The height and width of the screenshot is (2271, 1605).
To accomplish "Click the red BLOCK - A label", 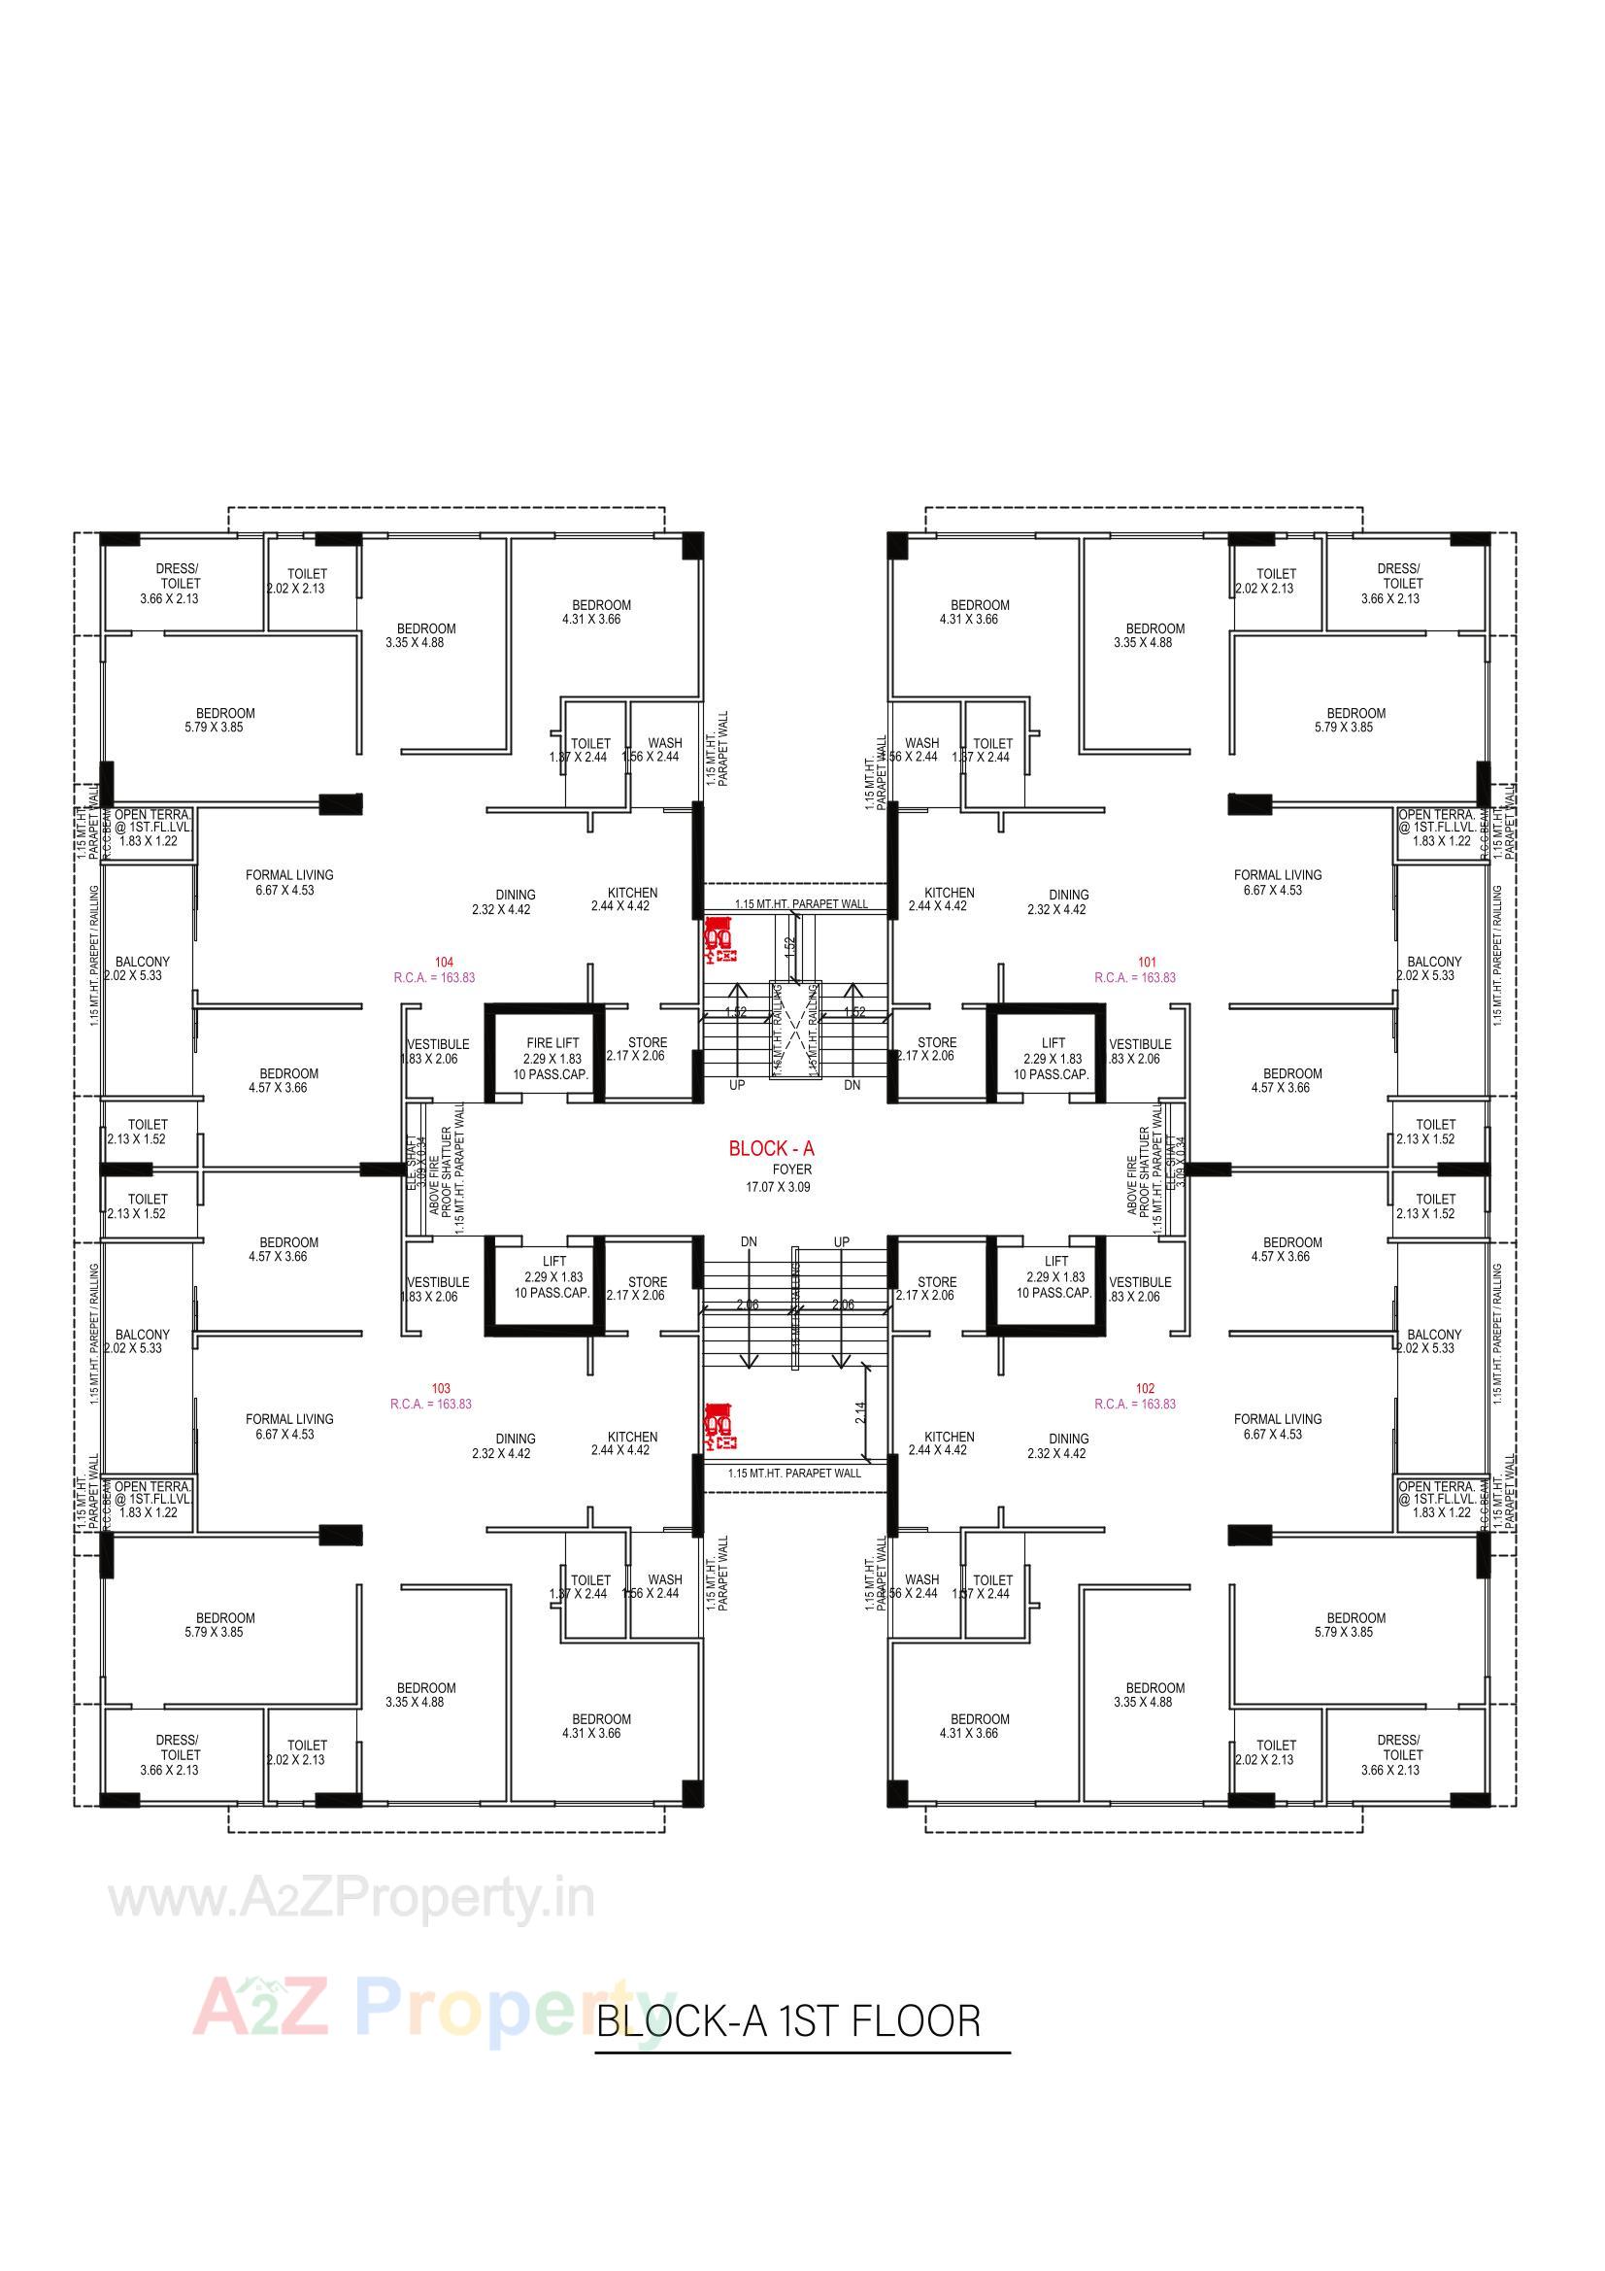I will [x=770, y=1148].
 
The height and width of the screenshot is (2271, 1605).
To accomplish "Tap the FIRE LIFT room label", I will [x=552, y=1042].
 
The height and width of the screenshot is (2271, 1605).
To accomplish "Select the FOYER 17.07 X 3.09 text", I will [x=779, y=1178].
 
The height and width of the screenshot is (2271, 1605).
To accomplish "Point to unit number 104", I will [x=444, y=962].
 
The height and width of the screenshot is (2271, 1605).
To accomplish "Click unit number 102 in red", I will [x=1145, y=1389].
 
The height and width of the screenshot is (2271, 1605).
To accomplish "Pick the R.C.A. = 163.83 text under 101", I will [x=1134, y=977].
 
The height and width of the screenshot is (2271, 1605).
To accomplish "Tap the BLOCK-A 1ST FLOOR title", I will [x=789, y=2019].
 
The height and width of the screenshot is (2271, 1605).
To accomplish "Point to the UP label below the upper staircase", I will [x=737, y=1085].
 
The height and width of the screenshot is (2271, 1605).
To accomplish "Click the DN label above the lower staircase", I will [x=749, y=1241].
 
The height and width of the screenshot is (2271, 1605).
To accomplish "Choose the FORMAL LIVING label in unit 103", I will [x=289, y=1419].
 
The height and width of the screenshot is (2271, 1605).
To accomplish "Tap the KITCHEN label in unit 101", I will [x=950, y=892].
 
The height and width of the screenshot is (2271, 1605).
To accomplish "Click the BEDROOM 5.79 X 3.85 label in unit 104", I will [x=225, y=713].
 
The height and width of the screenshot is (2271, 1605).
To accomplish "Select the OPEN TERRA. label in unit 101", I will [x=1436, y=814].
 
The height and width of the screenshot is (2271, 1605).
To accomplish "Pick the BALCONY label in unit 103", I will [x=143, y=1335].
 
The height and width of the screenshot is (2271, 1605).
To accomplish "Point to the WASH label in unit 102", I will [x=921, y=1579].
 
